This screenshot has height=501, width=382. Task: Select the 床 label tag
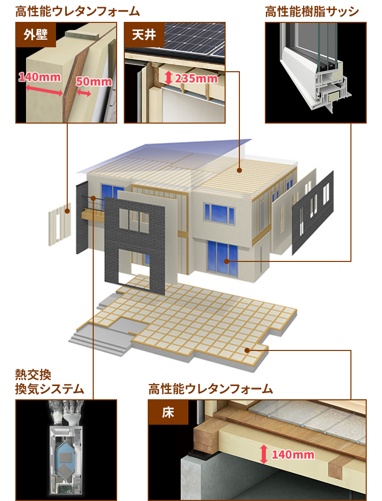click(x=168, y=412)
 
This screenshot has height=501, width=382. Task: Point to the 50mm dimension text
click(x=94, y=81)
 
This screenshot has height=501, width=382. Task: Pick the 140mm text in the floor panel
click(x=293, y=454)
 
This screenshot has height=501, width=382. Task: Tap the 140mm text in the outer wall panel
click(x=39, y=77)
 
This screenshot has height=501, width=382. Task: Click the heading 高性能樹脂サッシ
click(x=312, y=11)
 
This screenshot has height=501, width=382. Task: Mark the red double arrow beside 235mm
click(x=169, y=78)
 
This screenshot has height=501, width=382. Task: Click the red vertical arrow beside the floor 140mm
click(x=263, y=454)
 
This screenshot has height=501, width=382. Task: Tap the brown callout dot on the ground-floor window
click(x=227, y=261)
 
